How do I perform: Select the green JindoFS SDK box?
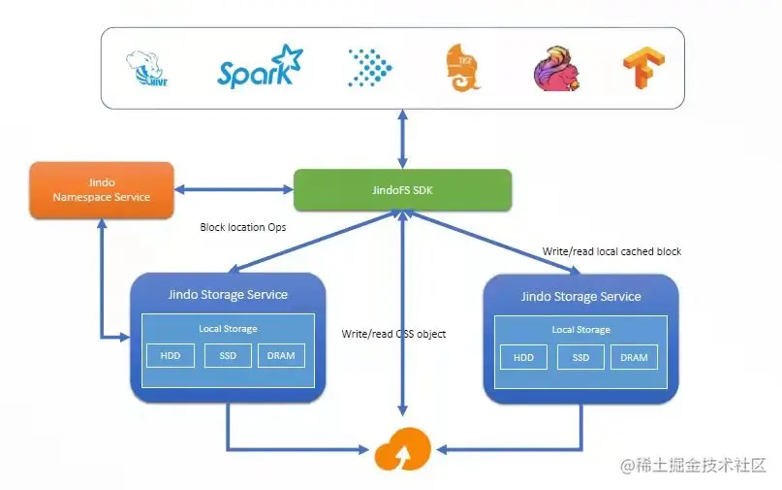coord(401,189)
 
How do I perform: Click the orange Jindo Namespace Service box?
coord(102,189)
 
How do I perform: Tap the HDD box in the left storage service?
coord(170,356)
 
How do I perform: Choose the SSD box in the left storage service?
coord(228,356)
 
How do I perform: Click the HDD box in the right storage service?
coord(523,357)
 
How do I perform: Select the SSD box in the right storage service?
coord(580,357)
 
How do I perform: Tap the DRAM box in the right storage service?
coord(634,357)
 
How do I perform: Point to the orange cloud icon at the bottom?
coord(401,449)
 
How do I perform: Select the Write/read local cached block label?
coord(611,251)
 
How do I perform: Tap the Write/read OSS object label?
coord(393,334)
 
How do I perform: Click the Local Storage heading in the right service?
coord(580,330)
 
